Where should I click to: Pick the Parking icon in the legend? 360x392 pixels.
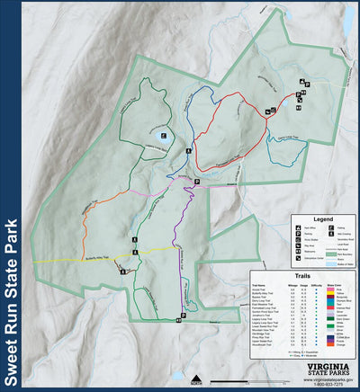pyautogui.click(x=298, y=237)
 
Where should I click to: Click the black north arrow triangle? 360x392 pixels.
pyautogui.click(x=194, y=375)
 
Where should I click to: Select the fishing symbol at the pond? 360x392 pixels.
pyautogui.click(x=163, y=136)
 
